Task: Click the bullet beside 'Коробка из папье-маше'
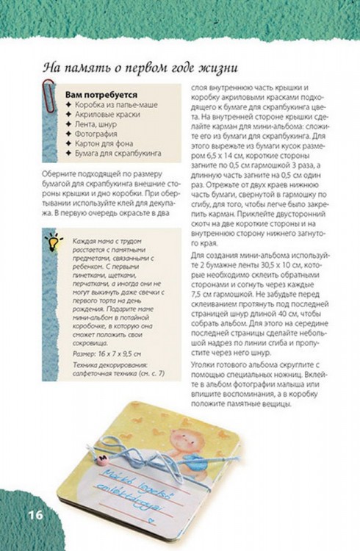pos(68,106)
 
